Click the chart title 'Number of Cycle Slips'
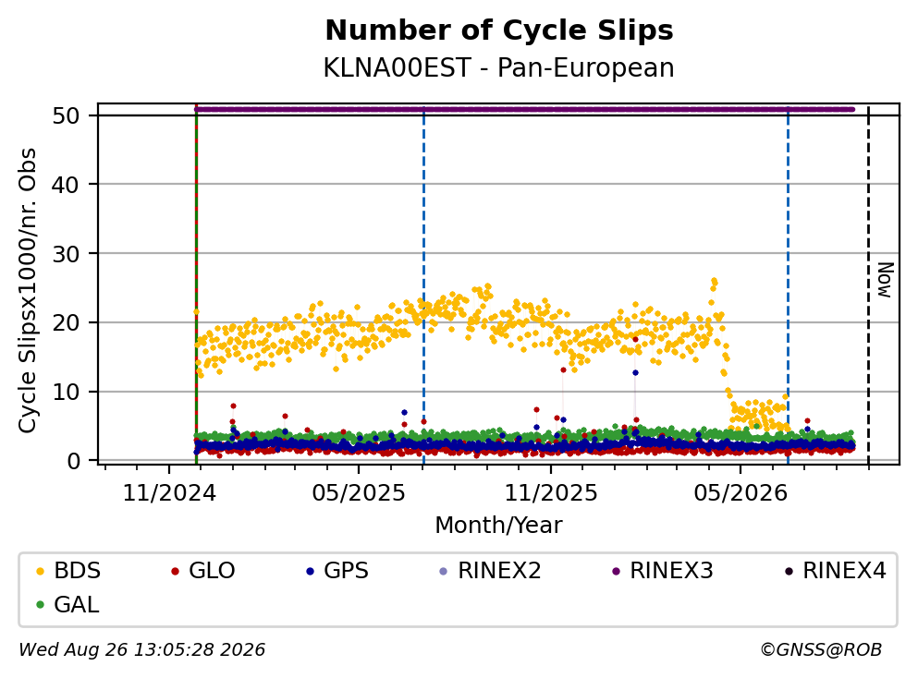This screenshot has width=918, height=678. (499, 30)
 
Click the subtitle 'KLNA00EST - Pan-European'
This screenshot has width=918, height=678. (499, 67)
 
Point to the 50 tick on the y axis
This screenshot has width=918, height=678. (66, 115)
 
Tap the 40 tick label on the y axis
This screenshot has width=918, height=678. (66, 185)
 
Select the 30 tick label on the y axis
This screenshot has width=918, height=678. (66, 254)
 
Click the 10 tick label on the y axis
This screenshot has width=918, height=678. (66, 392)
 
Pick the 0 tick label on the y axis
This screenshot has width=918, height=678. (73, 461)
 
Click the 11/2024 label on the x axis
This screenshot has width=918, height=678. (169, 493)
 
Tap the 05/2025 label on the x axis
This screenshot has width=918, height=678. (359, 493)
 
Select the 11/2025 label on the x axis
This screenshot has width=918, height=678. (551, 493)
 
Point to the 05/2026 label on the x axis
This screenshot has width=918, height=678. (741, 493)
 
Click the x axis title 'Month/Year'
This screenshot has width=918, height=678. (499, 526)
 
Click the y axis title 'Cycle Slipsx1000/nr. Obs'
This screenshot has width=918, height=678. (27, 291)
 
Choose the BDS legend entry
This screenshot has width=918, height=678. (68, 570)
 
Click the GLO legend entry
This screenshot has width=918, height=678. (203, 570)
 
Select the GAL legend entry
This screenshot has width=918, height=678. (67, 604)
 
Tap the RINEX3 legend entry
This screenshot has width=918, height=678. (663, 570)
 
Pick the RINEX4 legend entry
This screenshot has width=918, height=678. (836, 570)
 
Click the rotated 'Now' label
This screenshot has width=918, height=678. (886, 280)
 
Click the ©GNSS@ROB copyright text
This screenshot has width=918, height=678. (821, 649)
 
